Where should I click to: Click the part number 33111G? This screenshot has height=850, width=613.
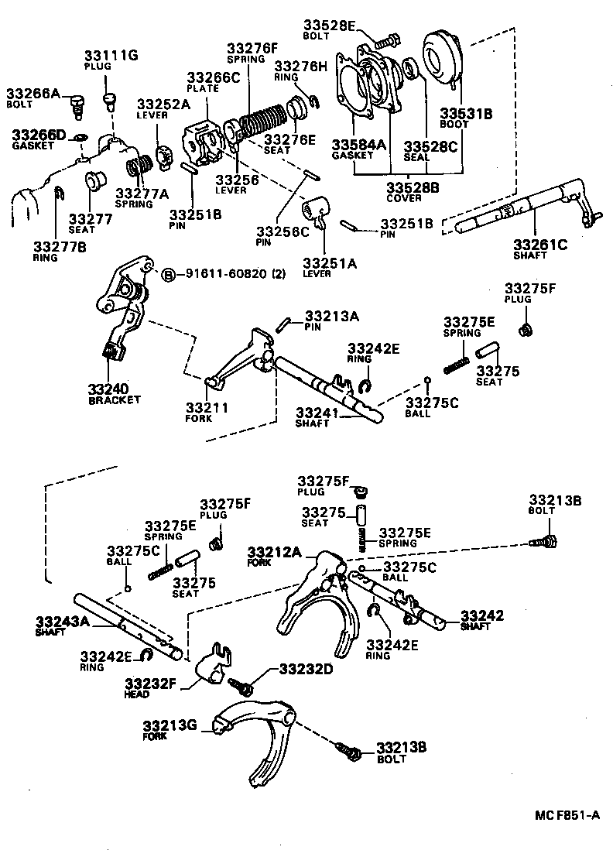coord(111,56)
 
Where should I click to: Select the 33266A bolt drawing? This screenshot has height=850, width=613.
coord(76,102)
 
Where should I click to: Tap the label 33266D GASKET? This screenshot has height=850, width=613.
coord(39,139)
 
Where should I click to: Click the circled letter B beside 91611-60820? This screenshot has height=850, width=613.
coord(169,274)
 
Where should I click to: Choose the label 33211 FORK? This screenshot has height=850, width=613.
coord(207,411)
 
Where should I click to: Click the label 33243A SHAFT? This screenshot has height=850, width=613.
coord(62,625)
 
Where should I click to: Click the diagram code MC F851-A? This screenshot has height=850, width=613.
coord(567,815)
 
